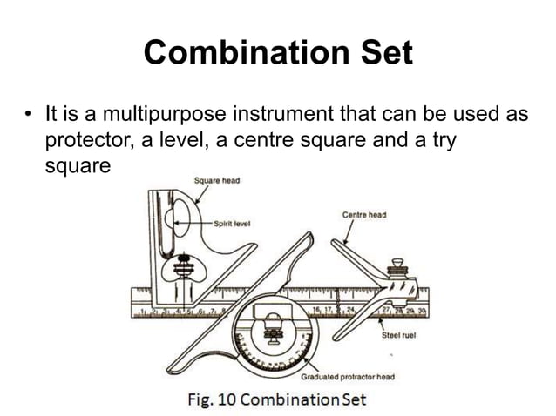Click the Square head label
(x=215, y=180)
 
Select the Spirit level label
(x=233, y=223)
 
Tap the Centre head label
(x=364, y=214)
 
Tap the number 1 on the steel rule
(x=140, y=310)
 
